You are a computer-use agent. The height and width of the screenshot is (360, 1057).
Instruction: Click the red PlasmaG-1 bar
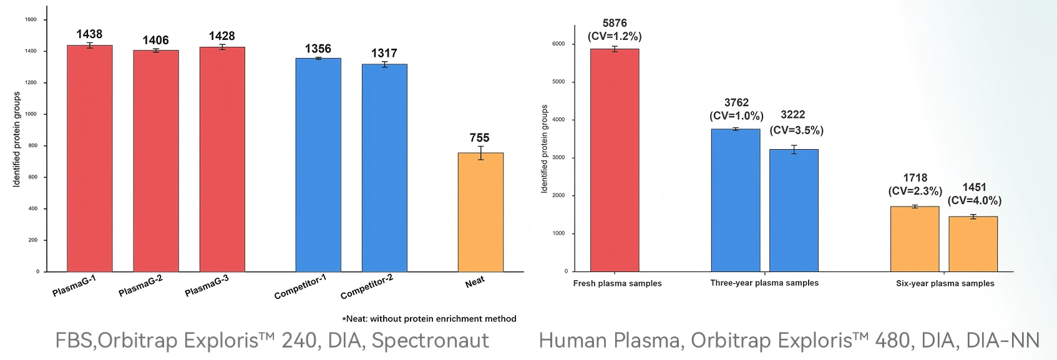click(x=90, y=158)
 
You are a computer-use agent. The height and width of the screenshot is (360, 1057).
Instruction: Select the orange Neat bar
click(x=481, y=212)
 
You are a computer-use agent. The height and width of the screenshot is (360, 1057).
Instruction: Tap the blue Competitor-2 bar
click(x=384, y=168)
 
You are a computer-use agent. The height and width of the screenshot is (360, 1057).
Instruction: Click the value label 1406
click(x=156, y=41)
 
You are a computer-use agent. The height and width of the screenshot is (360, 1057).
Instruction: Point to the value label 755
click(x=479, y=138)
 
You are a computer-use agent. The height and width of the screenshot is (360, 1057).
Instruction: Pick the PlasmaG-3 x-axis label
click(x=207, y=286)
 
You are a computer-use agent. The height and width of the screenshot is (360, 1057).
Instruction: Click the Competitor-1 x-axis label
click(x=300, y=287)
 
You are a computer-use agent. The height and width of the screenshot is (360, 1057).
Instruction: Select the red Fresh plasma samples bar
click(x=615, y=160)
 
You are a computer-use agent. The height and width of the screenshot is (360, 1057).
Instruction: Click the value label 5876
click(x=615, y=23)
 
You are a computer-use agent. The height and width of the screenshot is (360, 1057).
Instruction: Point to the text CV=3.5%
click(x=797, y=130)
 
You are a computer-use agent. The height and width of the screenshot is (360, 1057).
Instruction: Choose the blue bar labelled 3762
click(x=736, y=200)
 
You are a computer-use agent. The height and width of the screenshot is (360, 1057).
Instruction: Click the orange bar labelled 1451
click(x=973, y=244)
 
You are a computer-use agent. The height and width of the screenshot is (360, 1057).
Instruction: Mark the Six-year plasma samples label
click(x=945, y=283)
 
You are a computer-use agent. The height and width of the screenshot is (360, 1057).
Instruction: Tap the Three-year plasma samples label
click(x=764, y=283)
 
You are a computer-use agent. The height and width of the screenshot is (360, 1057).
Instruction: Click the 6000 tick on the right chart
click(x=558, y=44)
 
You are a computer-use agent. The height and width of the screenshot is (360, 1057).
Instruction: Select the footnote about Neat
click(x=429, y=318)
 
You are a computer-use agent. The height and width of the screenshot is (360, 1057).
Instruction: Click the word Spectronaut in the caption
click(x=431, y=341)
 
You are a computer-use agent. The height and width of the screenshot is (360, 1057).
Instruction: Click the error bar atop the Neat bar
click(x=481, y=153)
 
